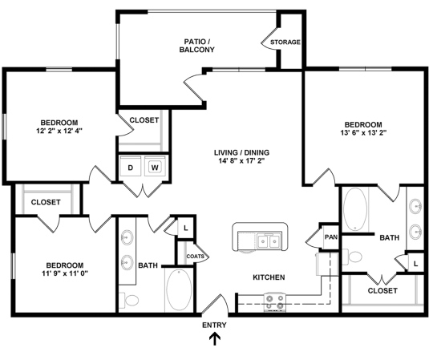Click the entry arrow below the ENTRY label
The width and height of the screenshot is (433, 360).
pos(214,339)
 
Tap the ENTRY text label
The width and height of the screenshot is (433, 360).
pos(214,325)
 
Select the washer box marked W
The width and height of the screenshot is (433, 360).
pos(155,168)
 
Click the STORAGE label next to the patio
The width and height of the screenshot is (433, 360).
pos(285,42)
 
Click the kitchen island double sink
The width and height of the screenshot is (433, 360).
pos(265,241)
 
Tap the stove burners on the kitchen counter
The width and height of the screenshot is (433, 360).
pos(275,301)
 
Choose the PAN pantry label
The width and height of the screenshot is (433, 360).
pos(330,237)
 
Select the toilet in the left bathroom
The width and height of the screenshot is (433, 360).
pos(131,300)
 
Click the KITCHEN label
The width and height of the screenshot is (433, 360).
pos(269,277)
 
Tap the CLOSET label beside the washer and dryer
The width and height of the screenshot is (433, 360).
pos(144,120)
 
